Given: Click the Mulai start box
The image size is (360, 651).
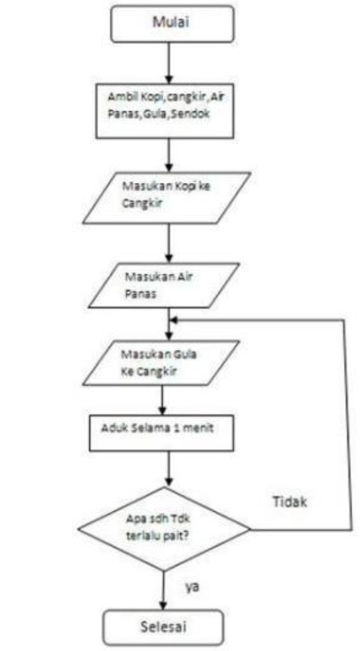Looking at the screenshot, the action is (172, 23).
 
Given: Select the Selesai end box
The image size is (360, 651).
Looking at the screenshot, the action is (163, 626).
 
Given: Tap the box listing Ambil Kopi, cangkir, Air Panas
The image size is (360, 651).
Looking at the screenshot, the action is (165, 110).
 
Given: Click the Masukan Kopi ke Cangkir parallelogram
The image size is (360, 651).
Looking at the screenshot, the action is (167, 198).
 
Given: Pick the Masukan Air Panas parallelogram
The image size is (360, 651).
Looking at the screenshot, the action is (163, 285).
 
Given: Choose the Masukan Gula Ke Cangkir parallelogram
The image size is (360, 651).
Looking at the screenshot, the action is (161, 362).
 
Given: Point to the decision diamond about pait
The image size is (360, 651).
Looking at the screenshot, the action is (164, 529).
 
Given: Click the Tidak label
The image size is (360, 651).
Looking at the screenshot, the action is (290, 502).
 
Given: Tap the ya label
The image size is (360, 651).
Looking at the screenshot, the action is (191, 587).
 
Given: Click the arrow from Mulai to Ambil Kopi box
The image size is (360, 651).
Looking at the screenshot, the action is (169, 63).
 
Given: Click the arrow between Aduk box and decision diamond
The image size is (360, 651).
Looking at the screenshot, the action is (169, 469).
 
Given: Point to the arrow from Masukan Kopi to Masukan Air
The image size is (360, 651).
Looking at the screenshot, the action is (169, 243).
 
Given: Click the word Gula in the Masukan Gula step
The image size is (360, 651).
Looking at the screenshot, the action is (186, 355).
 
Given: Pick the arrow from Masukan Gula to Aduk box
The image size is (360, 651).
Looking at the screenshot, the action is (161, 400).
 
